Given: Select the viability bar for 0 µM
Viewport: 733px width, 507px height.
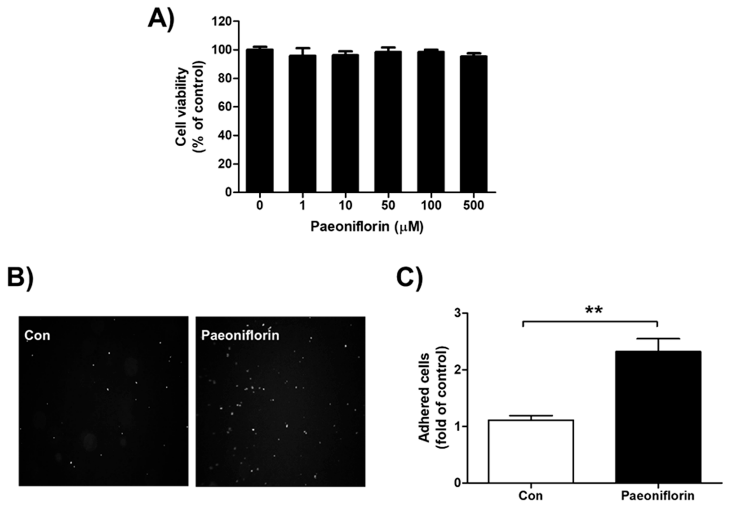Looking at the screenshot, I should (x=260, y=121).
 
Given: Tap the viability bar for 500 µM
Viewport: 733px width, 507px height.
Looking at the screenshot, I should (x=473, y=124).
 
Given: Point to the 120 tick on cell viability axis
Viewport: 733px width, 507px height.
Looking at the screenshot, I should (x=222, y=22).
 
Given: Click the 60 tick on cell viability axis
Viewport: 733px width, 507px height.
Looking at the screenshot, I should (x=225, y=107).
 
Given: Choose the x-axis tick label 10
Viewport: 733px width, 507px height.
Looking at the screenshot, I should (x=345, y=206).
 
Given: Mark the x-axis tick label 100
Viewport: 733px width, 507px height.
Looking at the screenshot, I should (x=431, y=206).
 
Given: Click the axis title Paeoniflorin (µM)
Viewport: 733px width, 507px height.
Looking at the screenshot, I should (x=367, y=227).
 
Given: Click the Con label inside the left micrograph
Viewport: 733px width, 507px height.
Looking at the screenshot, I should (x=37, y=335).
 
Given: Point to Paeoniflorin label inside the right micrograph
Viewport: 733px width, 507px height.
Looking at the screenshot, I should (x=240, y=335).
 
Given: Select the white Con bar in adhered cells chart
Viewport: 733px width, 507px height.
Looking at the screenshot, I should (x=531, y=456).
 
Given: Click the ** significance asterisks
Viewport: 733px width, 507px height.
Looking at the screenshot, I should (x=594, y=311).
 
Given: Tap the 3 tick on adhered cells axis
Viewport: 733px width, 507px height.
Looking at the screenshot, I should (x=457, y=314).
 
